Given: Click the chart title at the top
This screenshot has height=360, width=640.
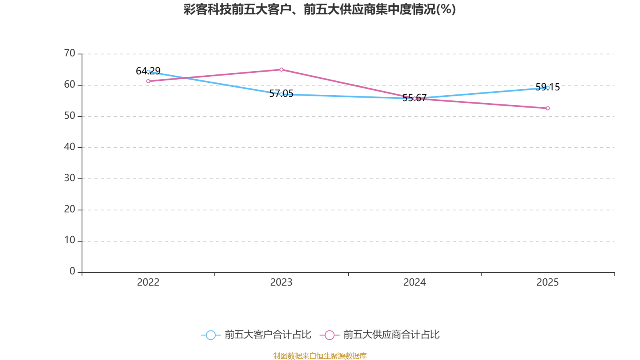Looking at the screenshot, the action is click(320, 10).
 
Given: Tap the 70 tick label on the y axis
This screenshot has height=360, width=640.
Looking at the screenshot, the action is click(70, 54).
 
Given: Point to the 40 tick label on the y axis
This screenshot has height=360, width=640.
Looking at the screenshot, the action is click(70, 147).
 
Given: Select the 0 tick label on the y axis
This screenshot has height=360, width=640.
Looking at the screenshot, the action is click(72, 272).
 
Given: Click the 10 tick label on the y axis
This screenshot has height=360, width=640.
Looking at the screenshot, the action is click(70, 240).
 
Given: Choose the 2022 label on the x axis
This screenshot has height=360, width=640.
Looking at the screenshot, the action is click(148, 282).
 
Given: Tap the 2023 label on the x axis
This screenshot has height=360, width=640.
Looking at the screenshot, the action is click(281, 282).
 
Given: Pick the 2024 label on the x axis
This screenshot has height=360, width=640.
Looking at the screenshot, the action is click(414, 282).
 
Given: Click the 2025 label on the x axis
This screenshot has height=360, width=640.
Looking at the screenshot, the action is click(548, 282).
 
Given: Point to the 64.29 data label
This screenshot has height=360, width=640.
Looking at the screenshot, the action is click(148, 71).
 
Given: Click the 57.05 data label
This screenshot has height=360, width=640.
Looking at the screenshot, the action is click(281, 94).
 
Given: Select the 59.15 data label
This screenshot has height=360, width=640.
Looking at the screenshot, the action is click(548, 87).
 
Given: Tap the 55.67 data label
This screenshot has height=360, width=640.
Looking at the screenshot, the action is click(414, 98).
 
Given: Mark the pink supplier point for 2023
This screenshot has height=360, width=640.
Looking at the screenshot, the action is click(282, 70).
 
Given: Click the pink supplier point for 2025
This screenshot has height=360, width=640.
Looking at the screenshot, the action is click(548, 108).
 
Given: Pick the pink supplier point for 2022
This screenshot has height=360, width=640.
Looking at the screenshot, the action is click(148, 81).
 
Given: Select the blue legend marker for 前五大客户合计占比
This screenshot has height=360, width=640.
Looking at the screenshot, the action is click(211, 335).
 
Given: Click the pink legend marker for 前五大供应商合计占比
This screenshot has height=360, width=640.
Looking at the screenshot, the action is click(330, 335).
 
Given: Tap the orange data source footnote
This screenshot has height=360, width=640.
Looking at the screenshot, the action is click(320, 356).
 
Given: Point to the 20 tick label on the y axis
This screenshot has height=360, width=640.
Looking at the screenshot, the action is click(70, 210).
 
